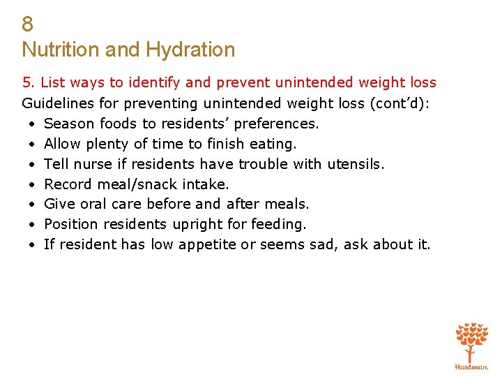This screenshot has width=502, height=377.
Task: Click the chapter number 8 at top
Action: (28, 24)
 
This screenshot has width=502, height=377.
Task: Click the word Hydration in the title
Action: (189, 50)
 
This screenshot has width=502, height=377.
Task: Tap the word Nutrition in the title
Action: (62, 50)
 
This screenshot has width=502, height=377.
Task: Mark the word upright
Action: (197, 225)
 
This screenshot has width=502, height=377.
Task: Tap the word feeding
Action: (281, 225)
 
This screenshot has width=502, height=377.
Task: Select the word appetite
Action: (208, 245)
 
